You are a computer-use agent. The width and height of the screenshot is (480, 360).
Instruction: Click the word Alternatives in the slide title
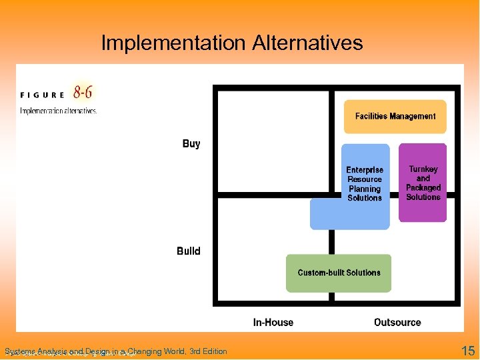click(x=307, y=43)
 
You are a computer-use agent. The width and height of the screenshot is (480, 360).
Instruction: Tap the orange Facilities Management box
click(x=395, y=116)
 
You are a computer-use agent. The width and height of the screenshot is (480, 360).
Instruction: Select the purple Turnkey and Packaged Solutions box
click(x=423, y=183)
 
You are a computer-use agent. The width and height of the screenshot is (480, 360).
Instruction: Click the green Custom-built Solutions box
click(x=339, y=273)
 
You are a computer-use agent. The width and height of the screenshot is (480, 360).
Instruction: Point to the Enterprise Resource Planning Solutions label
click(x=365, y=184)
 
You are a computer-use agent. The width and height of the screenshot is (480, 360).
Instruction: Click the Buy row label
click(x=191, y=144)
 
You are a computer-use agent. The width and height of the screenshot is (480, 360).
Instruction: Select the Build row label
click(x=189, y=251)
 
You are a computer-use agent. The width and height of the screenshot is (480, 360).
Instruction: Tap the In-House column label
click(x=273, y=323)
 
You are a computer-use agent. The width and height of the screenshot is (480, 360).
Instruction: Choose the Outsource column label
click(x=397, y=323)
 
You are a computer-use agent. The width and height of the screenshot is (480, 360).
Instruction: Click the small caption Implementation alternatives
click(x=59, y=111)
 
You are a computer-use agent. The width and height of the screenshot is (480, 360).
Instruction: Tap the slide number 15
click(x=468, y=351)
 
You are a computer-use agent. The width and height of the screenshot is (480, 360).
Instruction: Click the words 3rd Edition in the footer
click(x=208, y=351)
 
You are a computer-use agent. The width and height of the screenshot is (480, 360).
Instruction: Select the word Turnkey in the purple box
click(x=423, y=169)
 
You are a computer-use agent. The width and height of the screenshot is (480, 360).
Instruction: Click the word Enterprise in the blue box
click(x=365, y=170)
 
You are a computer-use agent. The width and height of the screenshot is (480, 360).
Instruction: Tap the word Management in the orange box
click(x=413, y=116)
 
